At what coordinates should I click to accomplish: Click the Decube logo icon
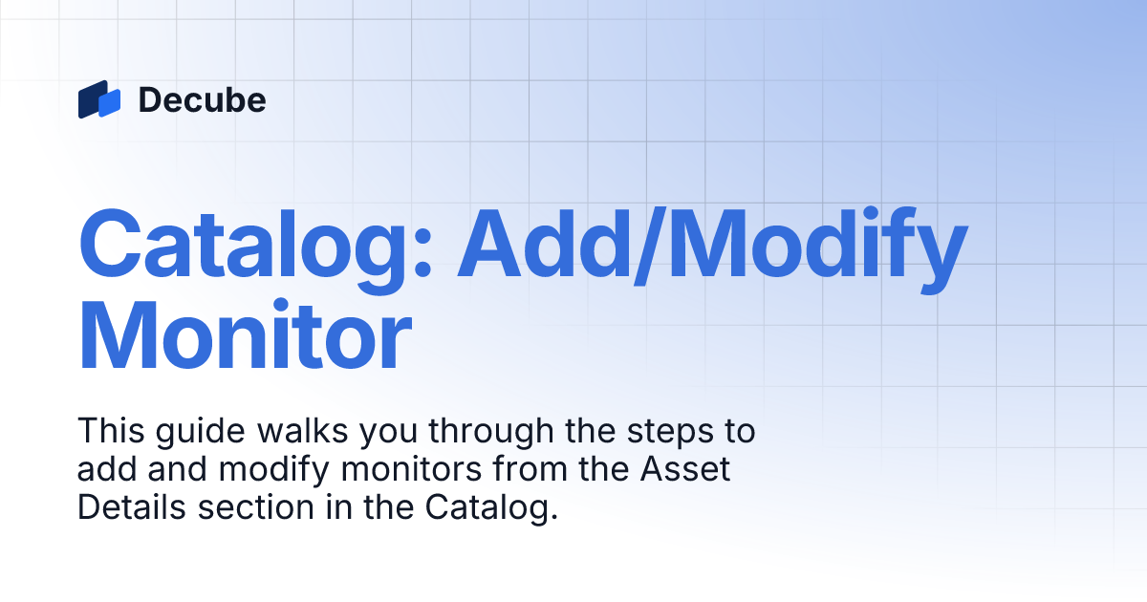pyautogui.click(x=99, y=99)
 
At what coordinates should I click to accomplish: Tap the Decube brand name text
pyautogui.click(x=202, y=99)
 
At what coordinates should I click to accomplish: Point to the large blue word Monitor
pyautogui.click(x=245, y=335)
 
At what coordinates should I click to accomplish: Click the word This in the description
pyautogui.click(x=106, y=431)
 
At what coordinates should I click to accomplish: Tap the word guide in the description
pyautogui.click(x=182, y=432)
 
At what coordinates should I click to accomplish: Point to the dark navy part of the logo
pyautogui.click(x=88, y=98)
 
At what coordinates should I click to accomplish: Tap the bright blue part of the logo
pyautogui.click(x=110, y=102)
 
